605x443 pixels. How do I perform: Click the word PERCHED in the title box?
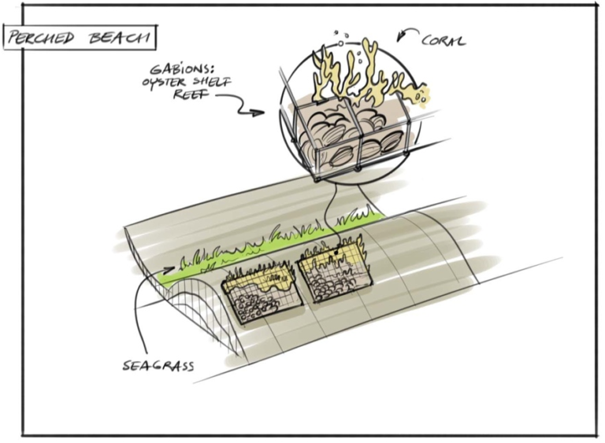[41, 38]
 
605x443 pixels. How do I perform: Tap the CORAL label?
[444, 40]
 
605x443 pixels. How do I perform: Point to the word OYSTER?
[165, 82]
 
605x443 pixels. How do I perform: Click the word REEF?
[190, 94]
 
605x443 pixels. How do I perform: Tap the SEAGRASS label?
[158, 365]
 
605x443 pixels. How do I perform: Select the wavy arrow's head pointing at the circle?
[258, 113]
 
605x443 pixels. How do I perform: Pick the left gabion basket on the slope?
[261, 293]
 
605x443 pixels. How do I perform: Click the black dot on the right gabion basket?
[337, 253]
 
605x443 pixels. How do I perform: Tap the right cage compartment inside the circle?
[382, 129]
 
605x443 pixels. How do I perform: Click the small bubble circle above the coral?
[340, 44]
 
